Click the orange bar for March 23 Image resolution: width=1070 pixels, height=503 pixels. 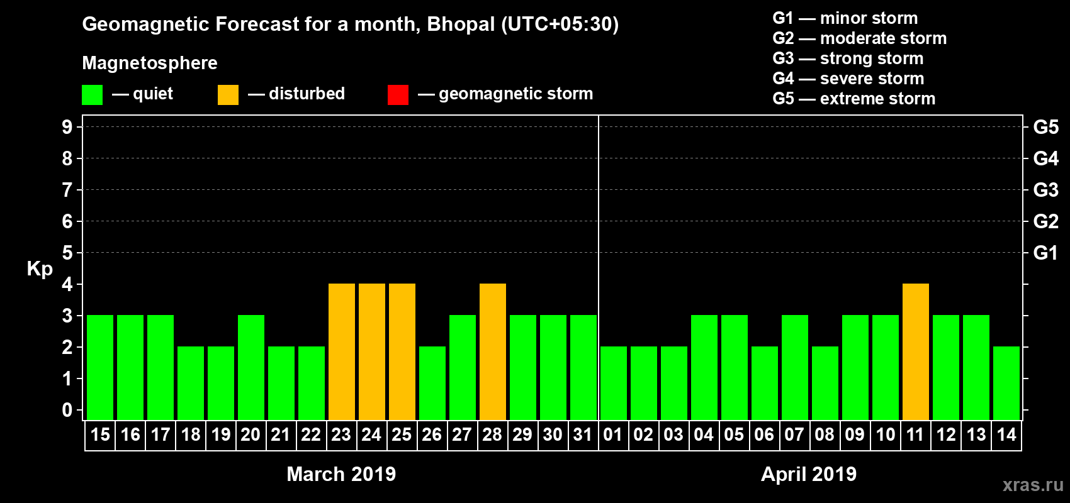(342, 351)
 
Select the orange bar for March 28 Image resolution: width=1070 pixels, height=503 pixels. (493, 351)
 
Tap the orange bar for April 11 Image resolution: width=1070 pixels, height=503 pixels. (916, 351)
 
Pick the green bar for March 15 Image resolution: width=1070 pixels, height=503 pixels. (100, 367)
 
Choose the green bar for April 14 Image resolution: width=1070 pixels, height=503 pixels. (1006, 383)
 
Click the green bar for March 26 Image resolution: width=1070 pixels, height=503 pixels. (432, 383)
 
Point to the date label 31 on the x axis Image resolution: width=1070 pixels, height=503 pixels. (583, 435)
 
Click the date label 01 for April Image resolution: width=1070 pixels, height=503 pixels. (613, 435)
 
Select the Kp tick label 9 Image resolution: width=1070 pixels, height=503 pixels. (67, 127)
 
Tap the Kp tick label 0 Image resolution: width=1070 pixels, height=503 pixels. (67, 410)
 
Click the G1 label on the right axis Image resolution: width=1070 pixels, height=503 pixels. (1045, 253)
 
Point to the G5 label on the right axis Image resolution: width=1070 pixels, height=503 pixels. (1045, 127)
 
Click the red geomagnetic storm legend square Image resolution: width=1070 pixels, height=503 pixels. (398, 95)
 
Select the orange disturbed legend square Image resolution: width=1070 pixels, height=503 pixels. (228, 95)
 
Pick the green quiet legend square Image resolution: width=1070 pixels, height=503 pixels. (92, 95)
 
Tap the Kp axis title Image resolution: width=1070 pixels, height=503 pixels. (40, 268)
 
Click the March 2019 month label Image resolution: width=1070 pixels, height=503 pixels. (341, 474)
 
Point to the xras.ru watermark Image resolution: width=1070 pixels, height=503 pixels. (1033, 485)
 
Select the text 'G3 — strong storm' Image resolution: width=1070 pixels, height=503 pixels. (848, 58)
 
